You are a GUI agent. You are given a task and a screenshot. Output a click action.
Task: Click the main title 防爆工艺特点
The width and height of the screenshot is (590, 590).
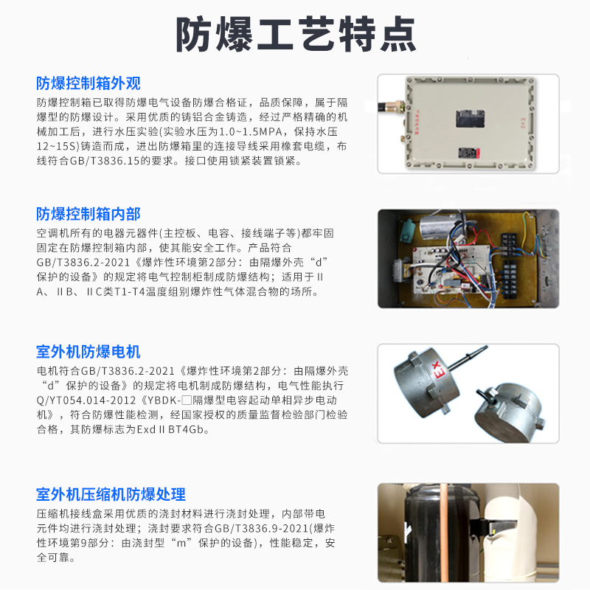[296, 34]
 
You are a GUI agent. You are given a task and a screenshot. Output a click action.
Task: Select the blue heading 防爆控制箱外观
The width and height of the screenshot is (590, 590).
[88, 83]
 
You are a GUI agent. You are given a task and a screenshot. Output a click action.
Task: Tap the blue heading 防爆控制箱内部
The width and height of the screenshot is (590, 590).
[88, 214]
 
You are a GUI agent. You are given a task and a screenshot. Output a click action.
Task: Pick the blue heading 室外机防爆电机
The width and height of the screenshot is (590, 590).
[88, 352]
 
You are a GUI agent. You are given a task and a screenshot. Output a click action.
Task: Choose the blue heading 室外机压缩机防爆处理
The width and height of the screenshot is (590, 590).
[111, 494]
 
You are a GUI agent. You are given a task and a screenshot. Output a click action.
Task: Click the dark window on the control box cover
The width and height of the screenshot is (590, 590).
[470, 119]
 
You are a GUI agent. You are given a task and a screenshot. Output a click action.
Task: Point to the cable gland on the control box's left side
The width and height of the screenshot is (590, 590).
[392, 105]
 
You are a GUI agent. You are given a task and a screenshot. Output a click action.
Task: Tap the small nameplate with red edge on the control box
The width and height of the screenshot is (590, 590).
[469, 153]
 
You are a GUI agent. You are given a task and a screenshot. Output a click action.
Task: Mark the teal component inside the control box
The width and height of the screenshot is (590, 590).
[407, 230]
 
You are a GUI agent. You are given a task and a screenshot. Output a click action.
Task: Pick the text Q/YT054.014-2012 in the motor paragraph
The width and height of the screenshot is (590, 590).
[86, 400]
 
